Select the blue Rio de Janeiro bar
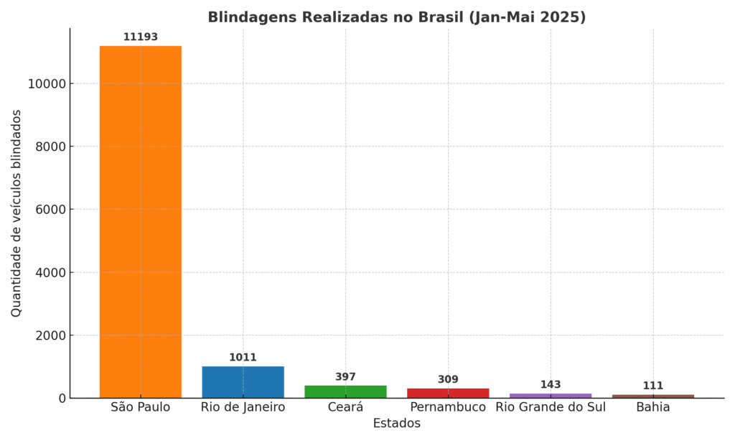243,382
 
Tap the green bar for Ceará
345,391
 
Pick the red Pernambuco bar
448,393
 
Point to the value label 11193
140,37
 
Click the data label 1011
243,357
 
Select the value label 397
345,376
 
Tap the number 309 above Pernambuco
448,379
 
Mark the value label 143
551,384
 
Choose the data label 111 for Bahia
653,386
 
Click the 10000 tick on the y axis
47,84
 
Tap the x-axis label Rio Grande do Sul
551,407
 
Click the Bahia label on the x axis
653,407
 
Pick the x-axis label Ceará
345,407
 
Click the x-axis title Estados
396,424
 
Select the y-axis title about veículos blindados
17,213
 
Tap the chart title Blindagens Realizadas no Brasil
396,17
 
